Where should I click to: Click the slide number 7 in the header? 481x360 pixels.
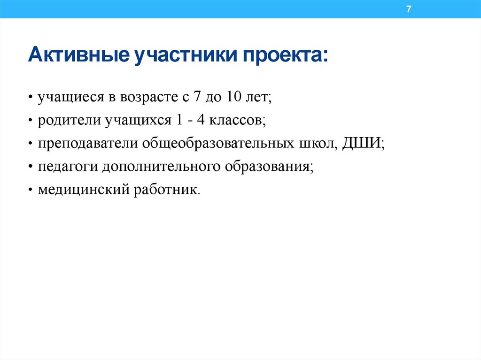click(409, 9)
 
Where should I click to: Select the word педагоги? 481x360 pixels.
click(68, 167)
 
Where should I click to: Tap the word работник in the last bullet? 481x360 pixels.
click(167, 190)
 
